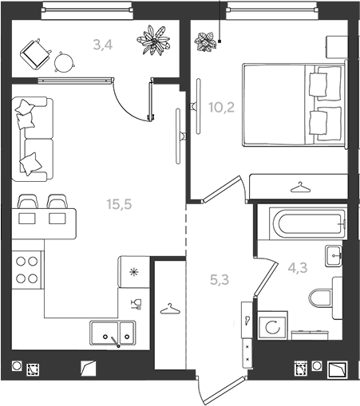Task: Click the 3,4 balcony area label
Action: click(103, 45)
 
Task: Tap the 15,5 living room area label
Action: click(119, 204)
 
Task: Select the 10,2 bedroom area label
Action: click(221, 108)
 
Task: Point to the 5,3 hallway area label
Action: click(220, 280)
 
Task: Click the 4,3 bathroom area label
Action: click(298, 268)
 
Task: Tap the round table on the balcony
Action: click(64, 62)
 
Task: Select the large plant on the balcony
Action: click(153, 40)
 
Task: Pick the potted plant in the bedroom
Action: click(205, 41)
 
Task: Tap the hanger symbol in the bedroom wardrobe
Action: click(301, 187)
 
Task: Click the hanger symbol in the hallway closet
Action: click(170, 309)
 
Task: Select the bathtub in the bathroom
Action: click(308, 223)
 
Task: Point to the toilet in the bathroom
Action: click(326, 298)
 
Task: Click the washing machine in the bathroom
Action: click(272, 325)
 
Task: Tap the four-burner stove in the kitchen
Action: click(26, 270)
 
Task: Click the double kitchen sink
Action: click(113, 333)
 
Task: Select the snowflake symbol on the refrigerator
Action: click(133, 272)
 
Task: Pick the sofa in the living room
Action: click(32, 139)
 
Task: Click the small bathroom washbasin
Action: click(334, 256)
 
